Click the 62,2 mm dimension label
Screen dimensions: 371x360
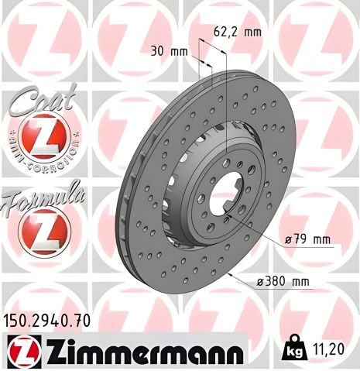(237, 33)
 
